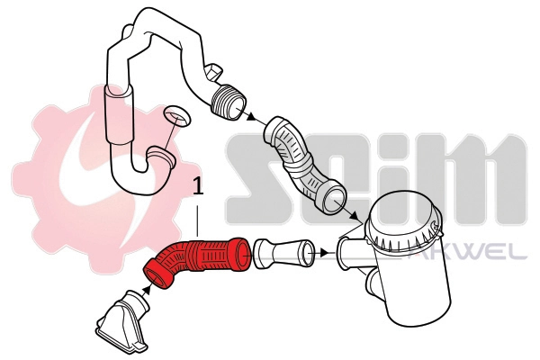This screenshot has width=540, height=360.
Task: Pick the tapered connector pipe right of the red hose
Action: pyautogui.click(x=280, y=253)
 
